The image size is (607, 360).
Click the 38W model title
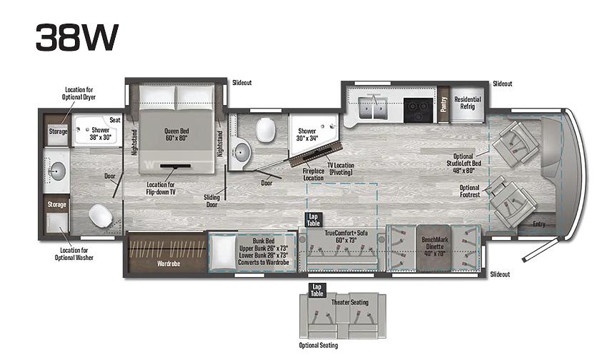coord(77,37)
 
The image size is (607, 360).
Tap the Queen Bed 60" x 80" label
coord(176,134)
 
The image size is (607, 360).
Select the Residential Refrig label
coord(467,103)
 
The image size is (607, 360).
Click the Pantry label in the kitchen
coord(443,104)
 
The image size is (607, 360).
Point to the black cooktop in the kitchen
coord(418,110)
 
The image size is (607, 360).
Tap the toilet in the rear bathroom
coord(101,215)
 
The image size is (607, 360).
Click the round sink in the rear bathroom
coord(57,170)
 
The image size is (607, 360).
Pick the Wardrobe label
coord(169,264)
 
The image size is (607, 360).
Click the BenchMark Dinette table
coord(434,247)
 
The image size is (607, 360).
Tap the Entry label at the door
coord(539,224)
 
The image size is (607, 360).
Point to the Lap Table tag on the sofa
coord(313,220)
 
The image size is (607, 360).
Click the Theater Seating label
coord(350,302)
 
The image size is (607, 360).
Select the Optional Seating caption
coord(318,345)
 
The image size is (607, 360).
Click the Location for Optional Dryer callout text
coord(79,94)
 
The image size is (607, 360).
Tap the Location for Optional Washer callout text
coord(74,254)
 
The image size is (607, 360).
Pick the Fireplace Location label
coord(313,174)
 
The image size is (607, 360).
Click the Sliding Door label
coord(212,201)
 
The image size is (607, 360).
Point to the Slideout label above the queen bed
coord(242,82)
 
